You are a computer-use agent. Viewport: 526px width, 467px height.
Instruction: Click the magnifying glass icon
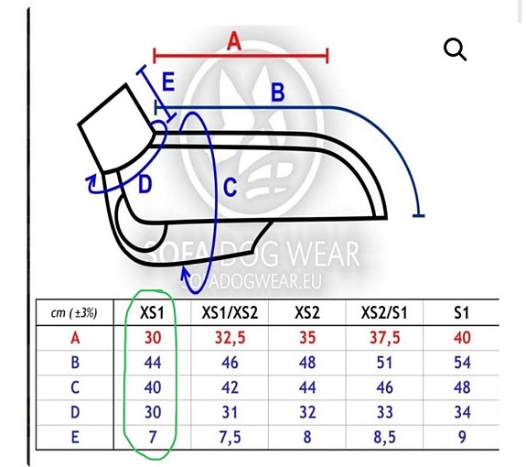pyautogui.click(x=455, y=49)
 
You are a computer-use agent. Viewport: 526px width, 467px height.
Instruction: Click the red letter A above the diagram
pyautogui.click(x=234, y=41)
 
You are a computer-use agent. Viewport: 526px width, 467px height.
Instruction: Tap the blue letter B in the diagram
pyautogui.click(x=278, y=92)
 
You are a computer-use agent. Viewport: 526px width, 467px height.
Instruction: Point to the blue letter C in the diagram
pyautogui.click(x=231, y=187)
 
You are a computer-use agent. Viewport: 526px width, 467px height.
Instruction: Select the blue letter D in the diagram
pyautogui.click(x=145, y=184)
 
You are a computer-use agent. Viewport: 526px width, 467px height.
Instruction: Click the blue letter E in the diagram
pyautogui.click(x=168, y=81)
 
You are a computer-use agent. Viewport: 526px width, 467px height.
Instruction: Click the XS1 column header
pyautogui.click(x=152, y=313)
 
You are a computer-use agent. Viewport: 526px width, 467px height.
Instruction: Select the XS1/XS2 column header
pyautogui.click(x=230, y=313)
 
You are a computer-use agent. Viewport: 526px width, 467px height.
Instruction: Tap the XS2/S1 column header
pyautogui.click(x=384, y=313)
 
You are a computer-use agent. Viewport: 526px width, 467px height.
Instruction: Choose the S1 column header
pyautogui.click(x=462, y=313)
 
